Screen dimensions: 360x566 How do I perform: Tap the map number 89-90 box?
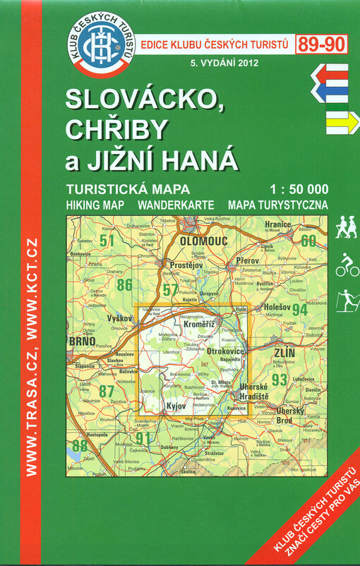(x=321, y=44)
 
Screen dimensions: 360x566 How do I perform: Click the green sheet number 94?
(x=299, y=309)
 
